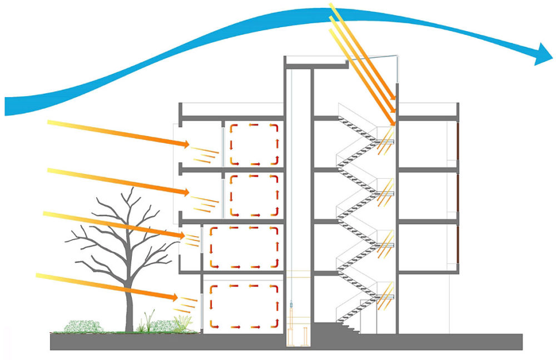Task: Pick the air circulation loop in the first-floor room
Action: (242, 247)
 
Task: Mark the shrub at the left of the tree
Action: (82, 326)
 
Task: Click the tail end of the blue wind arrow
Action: (8, 106)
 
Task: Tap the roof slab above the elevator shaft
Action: (316, 62)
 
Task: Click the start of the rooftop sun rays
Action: (332, 7)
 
